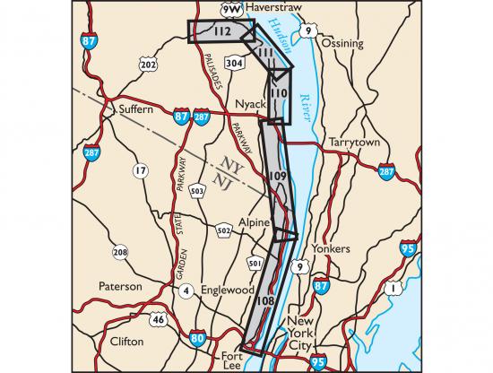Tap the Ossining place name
[x=343, y=43]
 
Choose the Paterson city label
[x=120, y=287]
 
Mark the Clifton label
[x=125, y=342]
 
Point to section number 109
[x=276, y=176]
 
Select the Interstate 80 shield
[x=197, y=338]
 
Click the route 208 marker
[x=120, y=253]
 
